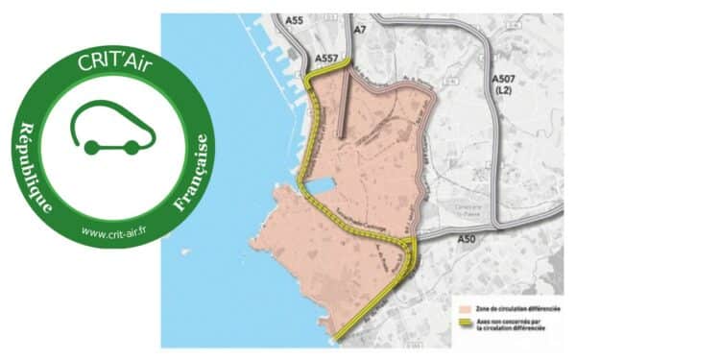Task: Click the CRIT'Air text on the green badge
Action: point(113,61)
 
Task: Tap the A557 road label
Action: point(326,60)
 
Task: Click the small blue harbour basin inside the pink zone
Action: point(322,187)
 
